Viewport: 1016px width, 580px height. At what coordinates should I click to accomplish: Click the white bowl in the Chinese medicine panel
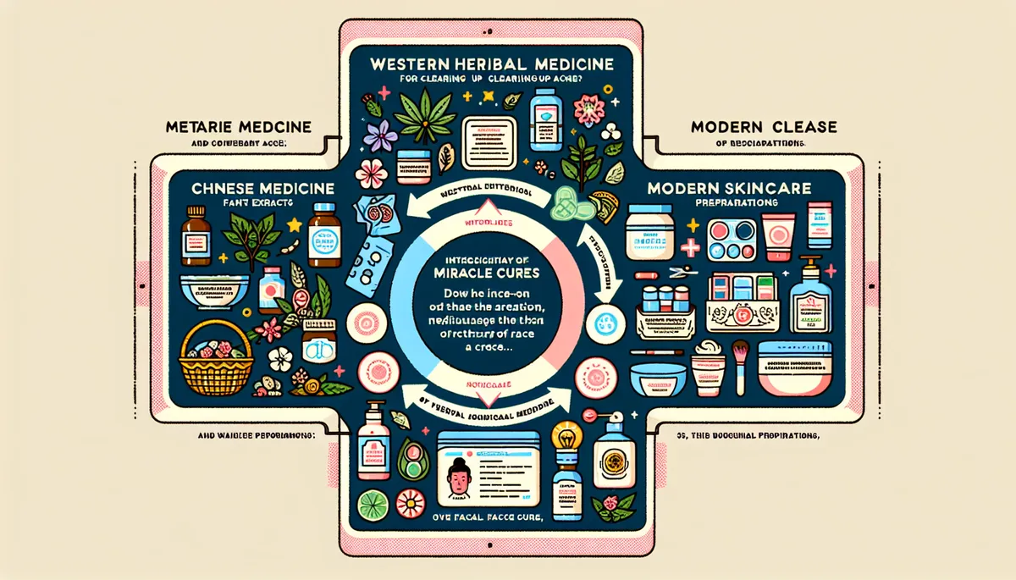coord(211,289)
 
